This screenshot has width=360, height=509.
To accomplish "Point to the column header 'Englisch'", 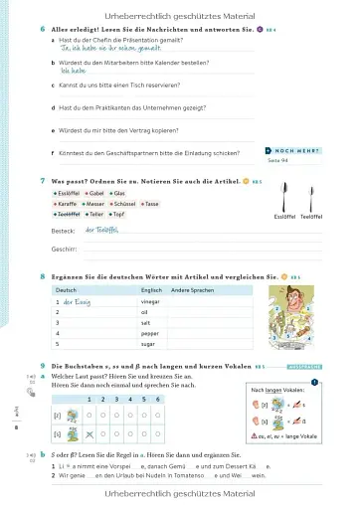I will click(152, 288).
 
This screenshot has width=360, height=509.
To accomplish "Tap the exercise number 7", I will click(43, 180).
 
